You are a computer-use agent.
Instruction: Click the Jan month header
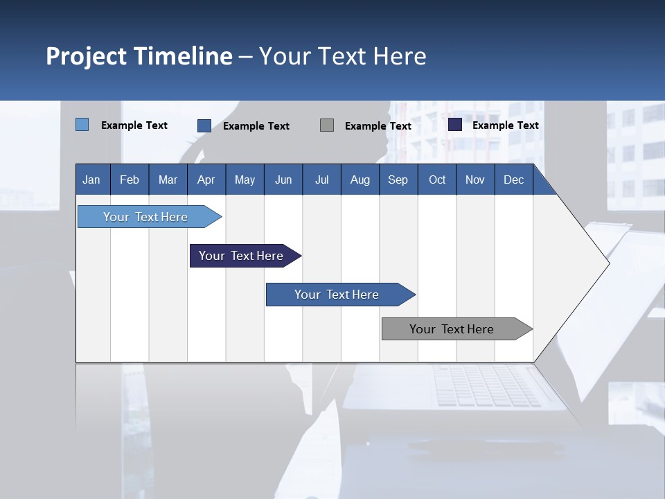coord(92,180)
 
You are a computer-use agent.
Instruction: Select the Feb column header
coord(130,180)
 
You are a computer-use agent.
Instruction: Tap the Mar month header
coord(168,180)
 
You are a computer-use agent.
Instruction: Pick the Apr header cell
coord(206,180)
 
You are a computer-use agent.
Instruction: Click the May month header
coord(245,180)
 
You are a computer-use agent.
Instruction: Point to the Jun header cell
coord(283,180)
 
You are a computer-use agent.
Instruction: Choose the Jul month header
coord(321,180)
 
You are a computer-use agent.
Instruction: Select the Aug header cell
coord(360,180)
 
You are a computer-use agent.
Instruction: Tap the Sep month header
coord(398,180)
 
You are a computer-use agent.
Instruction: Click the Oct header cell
coord(437,180)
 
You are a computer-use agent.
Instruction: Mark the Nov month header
coord(475,180)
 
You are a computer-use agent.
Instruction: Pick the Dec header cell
coord(514,180)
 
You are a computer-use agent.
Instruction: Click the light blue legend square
coord(82,125)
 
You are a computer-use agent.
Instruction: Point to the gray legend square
coord(327,125)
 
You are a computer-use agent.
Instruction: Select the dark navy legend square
coord(455,125)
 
